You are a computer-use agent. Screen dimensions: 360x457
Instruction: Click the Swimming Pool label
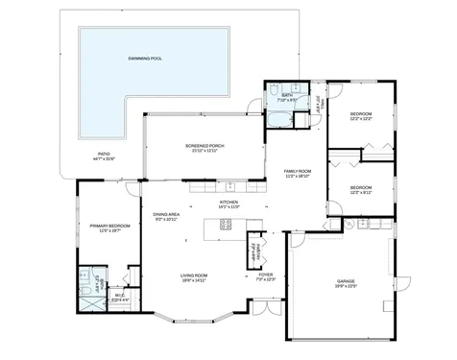click(x=145, y=59)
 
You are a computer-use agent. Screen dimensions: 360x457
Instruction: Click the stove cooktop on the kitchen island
click(x=227, y=225)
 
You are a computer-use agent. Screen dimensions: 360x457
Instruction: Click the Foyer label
click(x=266, y=277)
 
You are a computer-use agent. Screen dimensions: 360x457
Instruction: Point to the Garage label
click(x=346, y=283)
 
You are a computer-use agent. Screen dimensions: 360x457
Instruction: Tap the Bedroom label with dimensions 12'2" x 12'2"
click(x=361, y=116)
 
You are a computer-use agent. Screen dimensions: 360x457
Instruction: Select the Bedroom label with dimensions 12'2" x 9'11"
click(x=361, y=189)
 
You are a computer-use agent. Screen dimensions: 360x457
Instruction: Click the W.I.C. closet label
click(x=119, y=299)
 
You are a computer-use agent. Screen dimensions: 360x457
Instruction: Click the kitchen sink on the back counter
click(x=230, y=186)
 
